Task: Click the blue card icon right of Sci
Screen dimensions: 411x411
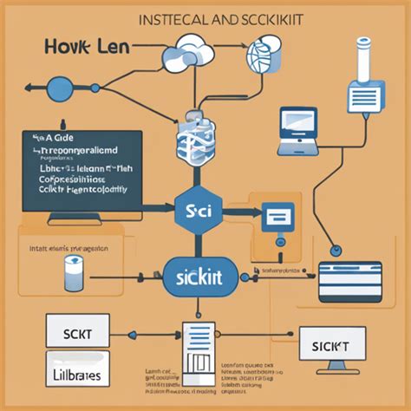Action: coord(277,214)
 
